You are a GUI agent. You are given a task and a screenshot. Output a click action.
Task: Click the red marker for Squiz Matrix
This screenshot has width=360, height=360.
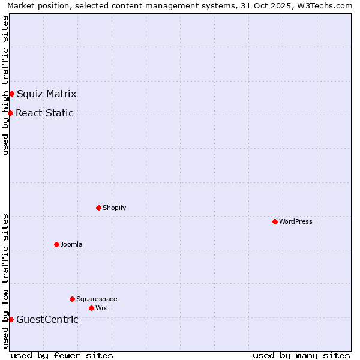pyautogui.click(x=11, y=94)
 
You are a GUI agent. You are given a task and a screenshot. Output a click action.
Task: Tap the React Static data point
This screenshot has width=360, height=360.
pyautogui.click(x=10, y=113)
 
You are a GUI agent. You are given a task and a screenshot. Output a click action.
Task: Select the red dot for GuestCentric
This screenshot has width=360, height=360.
pyautogui.click(x=11, y=319)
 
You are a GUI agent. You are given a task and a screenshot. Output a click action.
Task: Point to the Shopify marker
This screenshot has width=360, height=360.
pyautogui.click(x=98, y=208)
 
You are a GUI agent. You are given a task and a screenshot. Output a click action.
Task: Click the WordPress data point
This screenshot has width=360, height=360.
pyautogui.click(x=275, y=221)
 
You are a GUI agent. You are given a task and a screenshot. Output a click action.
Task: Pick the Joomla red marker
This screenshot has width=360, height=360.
pyautogui.click(x=56, y=244)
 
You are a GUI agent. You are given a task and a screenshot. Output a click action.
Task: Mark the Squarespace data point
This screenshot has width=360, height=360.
pyautogui.click(x=72, y=299)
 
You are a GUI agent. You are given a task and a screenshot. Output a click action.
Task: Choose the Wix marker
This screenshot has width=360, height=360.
pyautogui.click(x=91, y=308)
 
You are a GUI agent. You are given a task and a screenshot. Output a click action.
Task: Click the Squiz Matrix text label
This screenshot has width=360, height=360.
pyautogui.click(x=46, y=94)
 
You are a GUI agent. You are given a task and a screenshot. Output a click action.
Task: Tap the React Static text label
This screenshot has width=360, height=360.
pyautogui.click(x=44, y=113)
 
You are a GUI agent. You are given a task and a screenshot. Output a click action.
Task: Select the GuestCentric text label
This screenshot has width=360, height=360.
pyautogui.click(x=47, y=319)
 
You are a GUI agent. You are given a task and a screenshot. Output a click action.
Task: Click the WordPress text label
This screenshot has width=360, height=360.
pyautogui.click(x=296, y=221)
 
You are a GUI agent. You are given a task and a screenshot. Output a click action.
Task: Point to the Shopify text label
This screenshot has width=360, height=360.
pyautogui.click(x=114, y=208)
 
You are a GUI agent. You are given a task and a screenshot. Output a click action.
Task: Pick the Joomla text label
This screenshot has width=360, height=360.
pyautogui.click(x=71, y=244)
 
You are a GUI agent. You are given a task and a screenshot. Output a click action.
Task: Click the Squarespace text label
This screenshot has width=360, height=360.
pyautogui.click(x=97, y=299)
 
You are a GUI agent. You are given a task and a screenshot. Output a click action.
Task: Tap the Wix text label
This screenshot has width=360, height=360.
pyautogui.click(x=101, y=308)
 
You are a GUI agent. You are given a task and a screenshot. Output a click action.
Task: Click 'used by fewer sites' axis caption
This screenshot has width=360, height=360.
pyautogui.click(x=62, y=355)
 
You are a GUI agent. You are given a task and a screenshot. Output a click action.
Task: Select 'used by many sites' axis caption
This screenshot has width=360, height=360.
pyautogui.click(x=301, y=355)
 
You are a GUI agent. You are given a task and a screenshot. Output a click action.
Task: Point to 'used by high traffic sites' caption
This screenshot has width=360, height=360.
pyautogui.click(x=5, y=85)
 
